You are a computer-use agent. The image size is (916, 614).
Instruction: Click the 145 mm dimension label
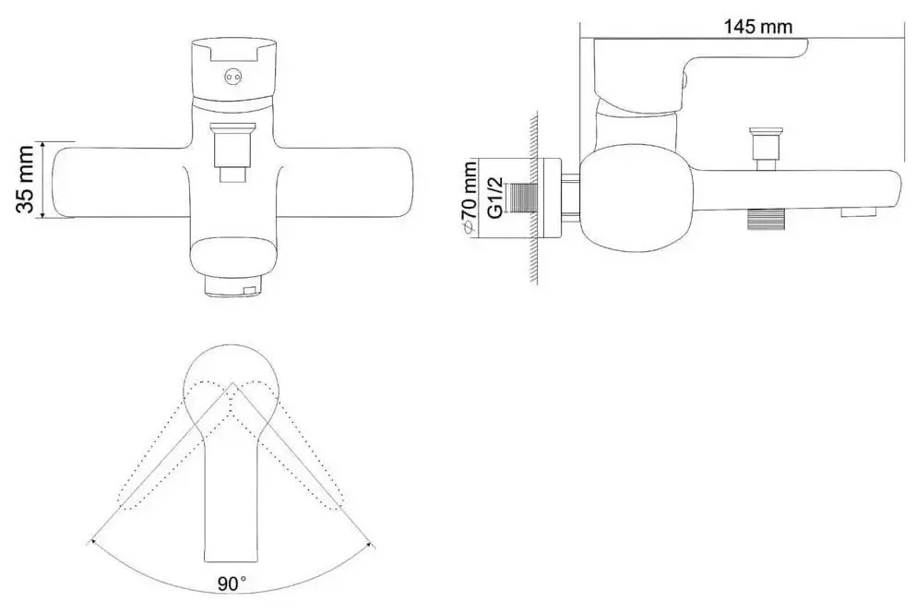tap(759, 27)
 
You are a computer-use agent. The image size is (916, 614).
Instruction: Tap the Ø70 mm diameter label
tap(470, 196)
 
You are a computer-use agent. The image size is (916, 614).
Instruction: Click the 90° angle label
tap(232, 583)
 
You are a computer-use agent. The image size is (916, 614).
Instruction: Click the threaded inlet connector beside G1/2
tap(527, 198)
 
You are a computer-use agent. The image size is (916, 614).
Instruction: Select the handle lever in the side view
tap(701, 65)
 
